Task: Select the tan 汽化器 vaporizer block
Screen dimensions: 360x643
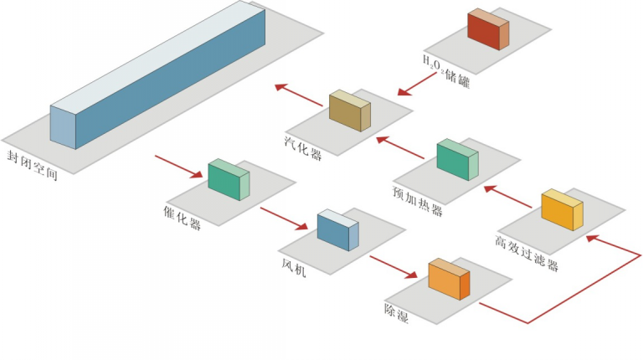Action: pos(349,111)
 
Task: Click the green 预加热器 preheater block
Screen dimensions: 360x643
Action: pos(457,160)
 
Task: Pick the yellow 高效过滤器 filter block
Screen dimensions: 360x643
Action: pos(562,210)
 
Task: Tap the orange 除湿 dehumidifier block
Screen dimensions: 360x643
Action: pos(449,280)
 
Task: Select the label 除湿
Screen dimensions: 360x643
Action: pos(399,307)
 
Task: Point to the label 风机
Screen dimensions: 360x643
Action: pos(294,267)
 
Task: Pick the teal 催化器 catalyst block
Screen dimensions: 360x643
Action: pos(229,179)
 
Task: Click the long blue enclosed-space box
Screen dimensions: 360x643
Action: pos(159,80)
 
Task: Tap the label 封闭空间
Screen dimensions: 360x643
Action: pos(32,164)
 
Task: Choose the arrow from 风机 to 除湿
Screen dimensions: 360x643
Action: pos(393,267)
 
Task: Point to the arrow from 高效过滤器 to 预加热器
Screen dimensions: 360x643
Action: pos(509,197)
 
